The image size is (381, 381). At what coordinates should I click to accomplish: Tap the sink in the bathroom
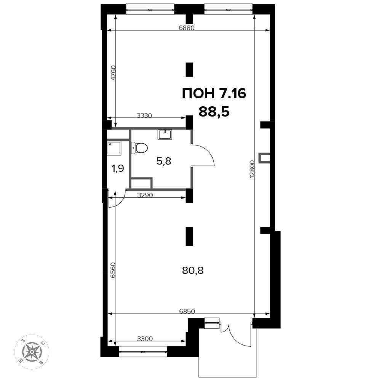click(x=165, y=134)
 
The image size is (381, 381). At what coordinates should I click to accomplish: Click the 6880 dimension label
click(x=187, y=28)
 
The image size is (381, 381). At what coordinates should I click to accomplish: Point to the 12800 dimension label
click(x=252, y=170)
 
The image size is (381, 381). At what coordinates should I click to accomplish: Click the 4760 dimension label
click(x=114, y=73)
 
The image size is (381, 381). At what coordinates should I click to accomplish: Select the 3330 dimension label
click(x=144, y=115)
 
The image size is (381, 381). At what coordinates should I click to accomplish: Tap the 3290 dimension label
click(x=145, y=195)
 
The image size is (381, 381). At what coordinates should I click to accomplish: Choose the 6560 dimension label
click(x=112, y=270)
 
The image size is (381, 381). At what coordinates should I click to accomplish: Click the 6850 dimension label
click(x=187, y=311)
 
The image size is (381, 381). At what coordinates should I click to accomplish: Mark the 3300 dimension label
click(x=145, y=338)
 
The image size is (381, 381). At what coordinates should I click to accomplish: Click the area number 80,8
click(x=193, y=270)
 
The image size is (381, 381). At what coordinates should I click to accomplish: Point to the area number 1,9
click(x=118, y=168)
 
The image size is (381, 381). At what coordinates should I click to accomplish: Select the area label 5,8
click(x=164, y=161)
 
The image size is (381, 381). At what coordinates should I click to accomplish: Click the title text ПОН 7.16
click(x=214, y=94)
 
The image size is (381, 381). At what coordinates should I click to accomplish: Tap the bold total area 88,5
click(x=214, y=112)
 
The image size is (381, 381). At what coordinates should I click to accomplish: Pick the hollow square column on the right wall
click(x=264, y=158)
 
